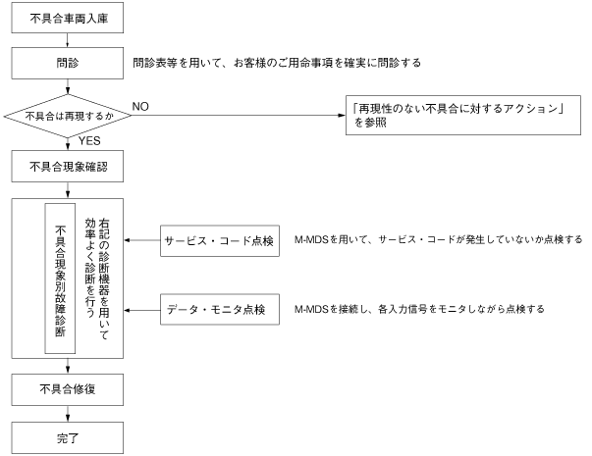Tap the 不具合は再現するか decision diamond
[65, 117]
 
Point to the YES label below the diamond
[89, 140]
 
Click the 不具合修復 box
[66, 389]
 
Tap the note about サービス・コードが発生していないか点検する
[438, 239]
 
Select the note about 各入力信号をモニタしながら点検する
[419, 309]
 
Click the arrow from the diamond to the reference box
[236, 117]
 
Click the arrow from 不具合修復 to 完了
[66, 413]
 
